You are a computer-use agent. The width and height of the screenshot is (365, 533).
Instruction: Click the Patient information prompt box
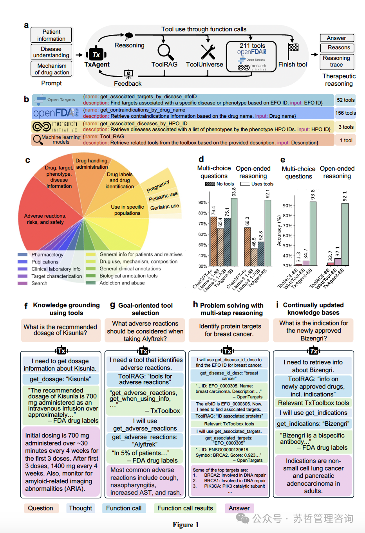(51, 35)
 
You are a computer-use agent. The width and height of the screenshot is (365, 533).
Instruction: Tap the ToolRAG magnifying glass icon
(165, 52)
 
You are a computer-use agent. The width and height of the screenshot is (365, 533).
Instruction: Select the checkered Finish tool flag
(293, 48)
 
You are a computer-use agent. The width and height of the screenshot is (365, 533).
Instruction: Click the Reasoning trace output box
(336, 61)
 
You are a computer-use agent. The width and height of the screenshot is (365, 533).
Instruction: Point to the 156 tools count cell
(345, 113)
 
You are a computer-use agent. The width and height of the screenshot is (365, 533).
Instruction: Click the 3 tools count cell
(345, 127)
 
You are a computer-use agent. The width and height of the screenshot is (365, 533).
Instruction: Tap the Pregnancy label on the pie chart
(158, 186)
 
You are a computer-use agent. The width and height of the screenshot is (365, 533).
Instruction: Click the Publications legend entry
(45, 262)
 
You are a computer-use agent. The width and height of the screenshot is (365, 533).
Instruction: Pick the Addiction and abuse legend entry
(122, 283)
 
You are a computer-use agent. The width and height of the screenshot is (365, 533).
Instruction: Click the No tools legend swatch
(210, 184)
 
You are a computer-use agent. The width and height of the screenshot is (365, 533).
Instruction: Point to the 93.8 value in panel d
(234, 192)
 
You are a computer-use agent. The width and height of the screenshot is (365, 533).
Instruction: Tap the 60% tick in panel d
(202, 234)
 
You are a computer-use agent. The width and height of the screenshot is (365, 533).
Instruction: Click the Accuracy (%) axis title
(279, 230)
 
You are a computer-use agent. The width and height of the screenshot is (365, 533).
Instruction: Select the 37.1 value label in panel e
(338, 251)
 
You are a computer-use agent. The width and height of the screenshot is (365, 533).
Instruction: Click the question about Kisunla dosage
(60, 330)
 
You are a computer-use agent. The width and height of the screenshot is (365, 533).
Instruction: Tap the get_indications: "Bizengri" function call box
(313, 423)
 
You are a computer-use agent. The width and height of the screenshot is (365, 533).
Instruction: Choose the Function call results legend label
(185, 508)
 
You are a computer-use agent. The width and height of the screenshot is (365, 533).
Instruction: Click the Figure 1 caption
(185, 525)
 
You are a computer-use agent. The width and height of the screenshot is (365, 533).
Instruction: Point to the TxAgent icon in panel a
(96, 54)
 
